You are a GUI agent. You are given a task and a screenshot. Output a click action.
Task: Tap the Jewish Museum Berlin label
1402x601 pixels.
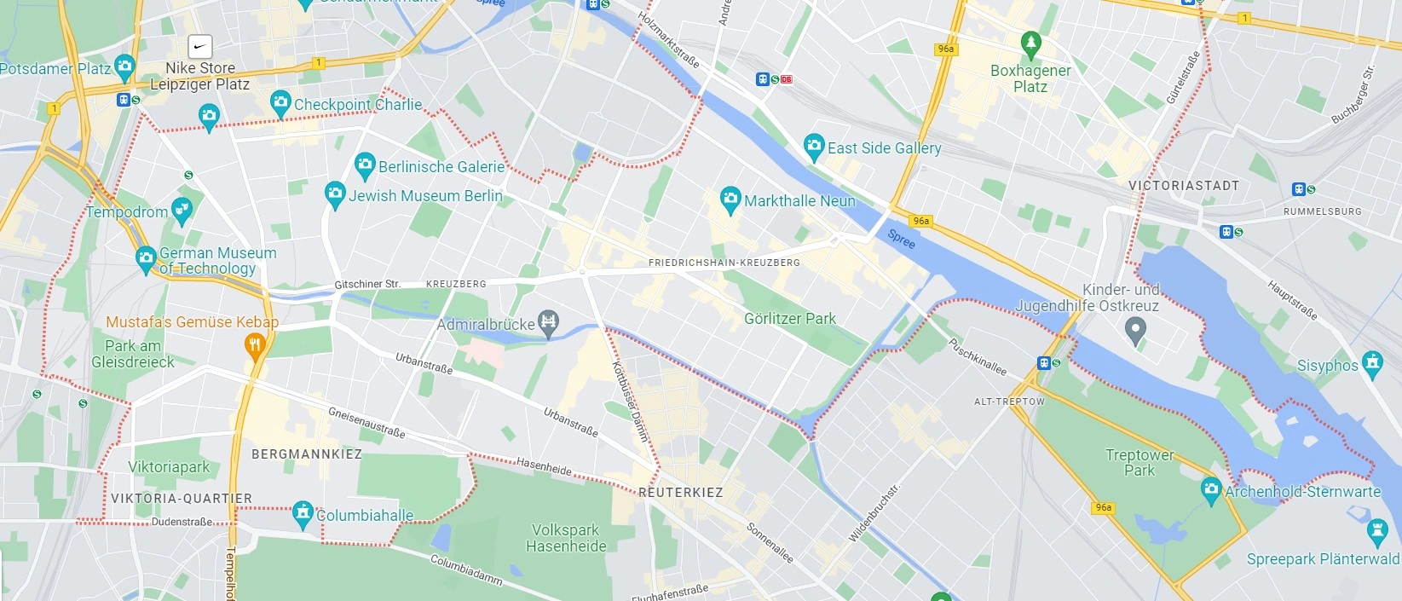pyautogui.click(x=425, y=196)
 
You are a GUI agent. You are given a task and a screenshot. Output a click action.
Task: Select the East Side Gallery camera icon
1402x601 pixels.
pyautogui.click(x=814, y=146)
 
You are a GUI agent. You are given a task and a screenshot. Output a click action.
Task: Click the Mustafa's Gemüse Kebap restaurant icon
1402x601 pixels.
pyautogui.click(x=254, y=345)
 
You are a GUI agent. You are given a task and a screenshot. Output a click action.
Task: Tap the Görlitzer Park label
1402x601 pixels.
pyautogui.click(x=789, y=319)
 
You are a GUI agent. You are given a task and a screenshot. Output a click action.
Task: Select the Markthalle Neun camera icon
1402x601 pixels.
pyautogui.click(x=730, y=199)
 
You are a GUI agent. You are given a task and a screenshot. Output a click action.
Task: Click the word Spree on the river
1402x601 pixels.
pyautogui.click(x=901, y=240)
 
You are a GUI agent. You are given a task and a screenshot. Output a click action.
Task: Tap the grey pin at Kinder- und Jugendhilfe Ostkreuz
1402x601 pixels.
pyautogui.click(x=1134, y=329)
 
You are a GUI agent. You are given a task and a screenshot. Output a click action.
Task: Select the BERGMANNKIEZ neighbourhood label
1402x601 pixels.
pyautogui.click(x=307, y=454)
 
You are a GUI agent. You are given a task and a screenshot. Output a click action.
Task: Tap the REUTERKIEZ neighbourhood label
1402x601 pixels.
pyautogui.click(x=680, y=493)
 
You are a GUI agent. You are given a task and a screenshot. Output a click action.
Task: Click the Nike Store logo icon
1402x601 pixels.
pyautogui.click(x=199, y=46)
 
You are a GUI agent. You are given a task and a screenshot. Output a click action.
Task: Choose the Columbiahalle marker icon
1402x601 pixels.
pyautogui.click(x=303, y=513)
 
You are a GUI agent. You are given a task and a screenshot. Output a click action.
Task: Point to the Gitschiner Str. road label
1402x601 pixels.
pyautogui.click(x=367, y=284)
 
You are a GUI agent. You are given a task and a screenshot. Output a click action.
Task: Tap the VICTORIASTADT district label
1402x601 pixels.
pyautogui.click(x=1183, y=186)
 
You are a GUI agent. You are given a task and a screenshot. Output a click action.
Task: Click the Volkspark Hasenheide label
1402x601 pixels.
pyautogui.click(x=566, y=538)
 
